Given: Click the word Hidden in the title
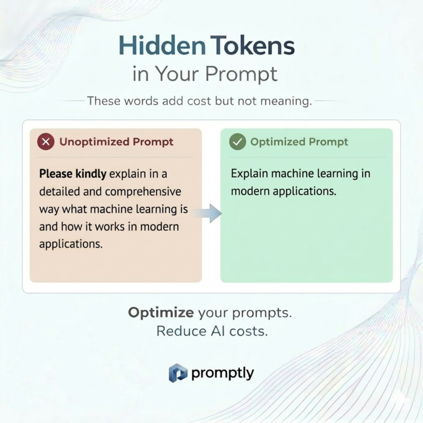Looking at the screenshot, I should pos(162,46).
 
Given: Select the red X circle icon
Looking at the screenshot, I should pos(45,142).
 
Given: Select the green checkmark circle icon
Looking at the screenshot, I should pos(237,142).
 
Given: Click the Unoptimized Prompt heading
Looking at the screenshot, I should pos(116,142).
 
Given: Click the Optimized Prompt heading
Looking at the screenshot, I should pos(299,142).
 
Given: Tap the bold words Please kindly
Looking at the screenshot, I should pos(72,174).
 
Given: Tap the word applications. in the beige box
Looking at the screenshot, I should pos(70,244).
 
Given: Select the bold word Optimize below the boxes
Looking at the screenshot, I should pos(161,313).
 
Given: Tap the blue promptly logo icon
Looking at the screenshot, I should pos(178,372).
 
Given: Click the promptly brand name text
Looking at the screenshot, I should pos(222,373).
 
